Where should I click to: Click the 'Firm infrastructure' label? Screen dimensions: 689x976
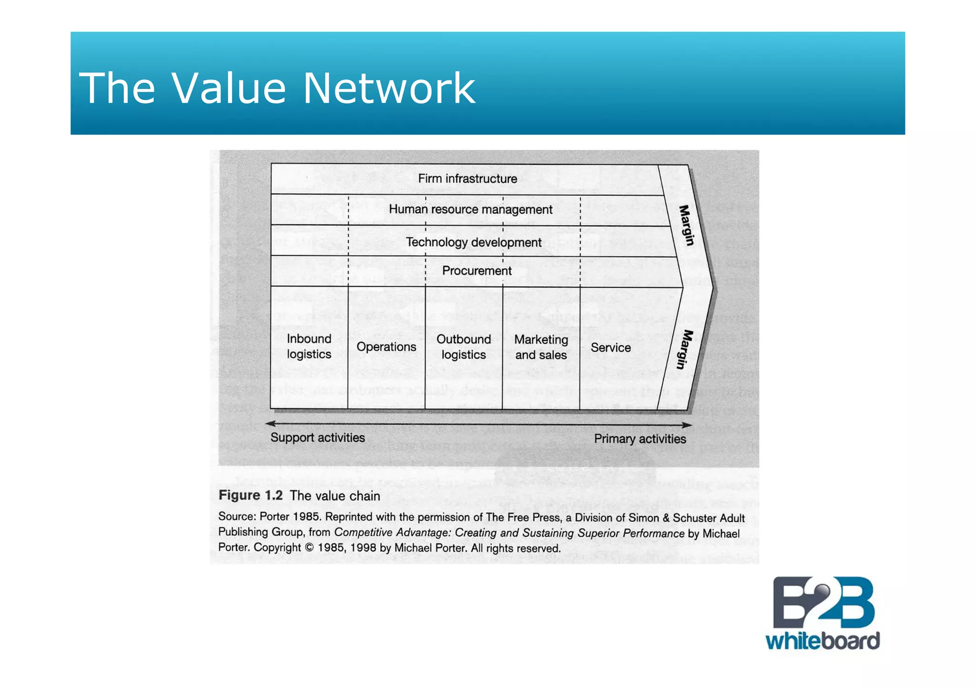[x=468, y=179]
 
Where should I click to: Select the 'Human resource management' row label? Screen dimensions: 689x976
[x=470, y=210]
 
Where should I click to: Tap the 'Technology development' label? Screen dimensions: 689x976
[x=474, y=242]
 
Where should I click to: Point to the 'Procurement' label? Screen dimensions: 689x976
[x=477, y=271]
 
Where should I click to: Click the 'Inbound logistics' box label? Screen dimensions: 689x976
[x=309, y=347]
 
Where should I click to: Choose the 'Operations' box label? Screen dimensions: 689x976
[x=386, y=347]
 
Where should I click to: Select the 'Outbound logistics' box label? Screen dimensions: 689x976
[x=463, y=347]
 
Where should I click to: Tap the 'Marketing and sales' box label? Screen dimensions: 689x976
[x=541, y=347]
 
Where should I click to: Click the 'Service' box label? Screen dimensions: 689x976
[x=610, y=348]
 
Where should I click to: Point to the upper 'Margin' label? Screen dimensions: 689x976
[x=686, y=225]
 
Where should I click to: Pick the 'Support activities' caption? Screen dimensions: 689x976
[x=317, y=438]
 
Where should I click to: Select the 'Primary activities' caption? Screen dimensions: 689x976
[x=640, y=439]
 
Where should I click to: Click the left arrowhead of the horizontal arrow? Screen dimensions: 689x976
[x=270, y=423]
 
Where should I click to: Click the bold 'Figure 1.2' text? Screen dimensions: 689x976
[x=251, y=495]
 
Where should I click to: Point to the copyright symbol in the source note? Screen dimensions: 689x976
[x=309, y=548]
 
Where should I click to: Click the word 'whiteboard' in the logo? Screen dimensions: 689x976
[x=823, y=641]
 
